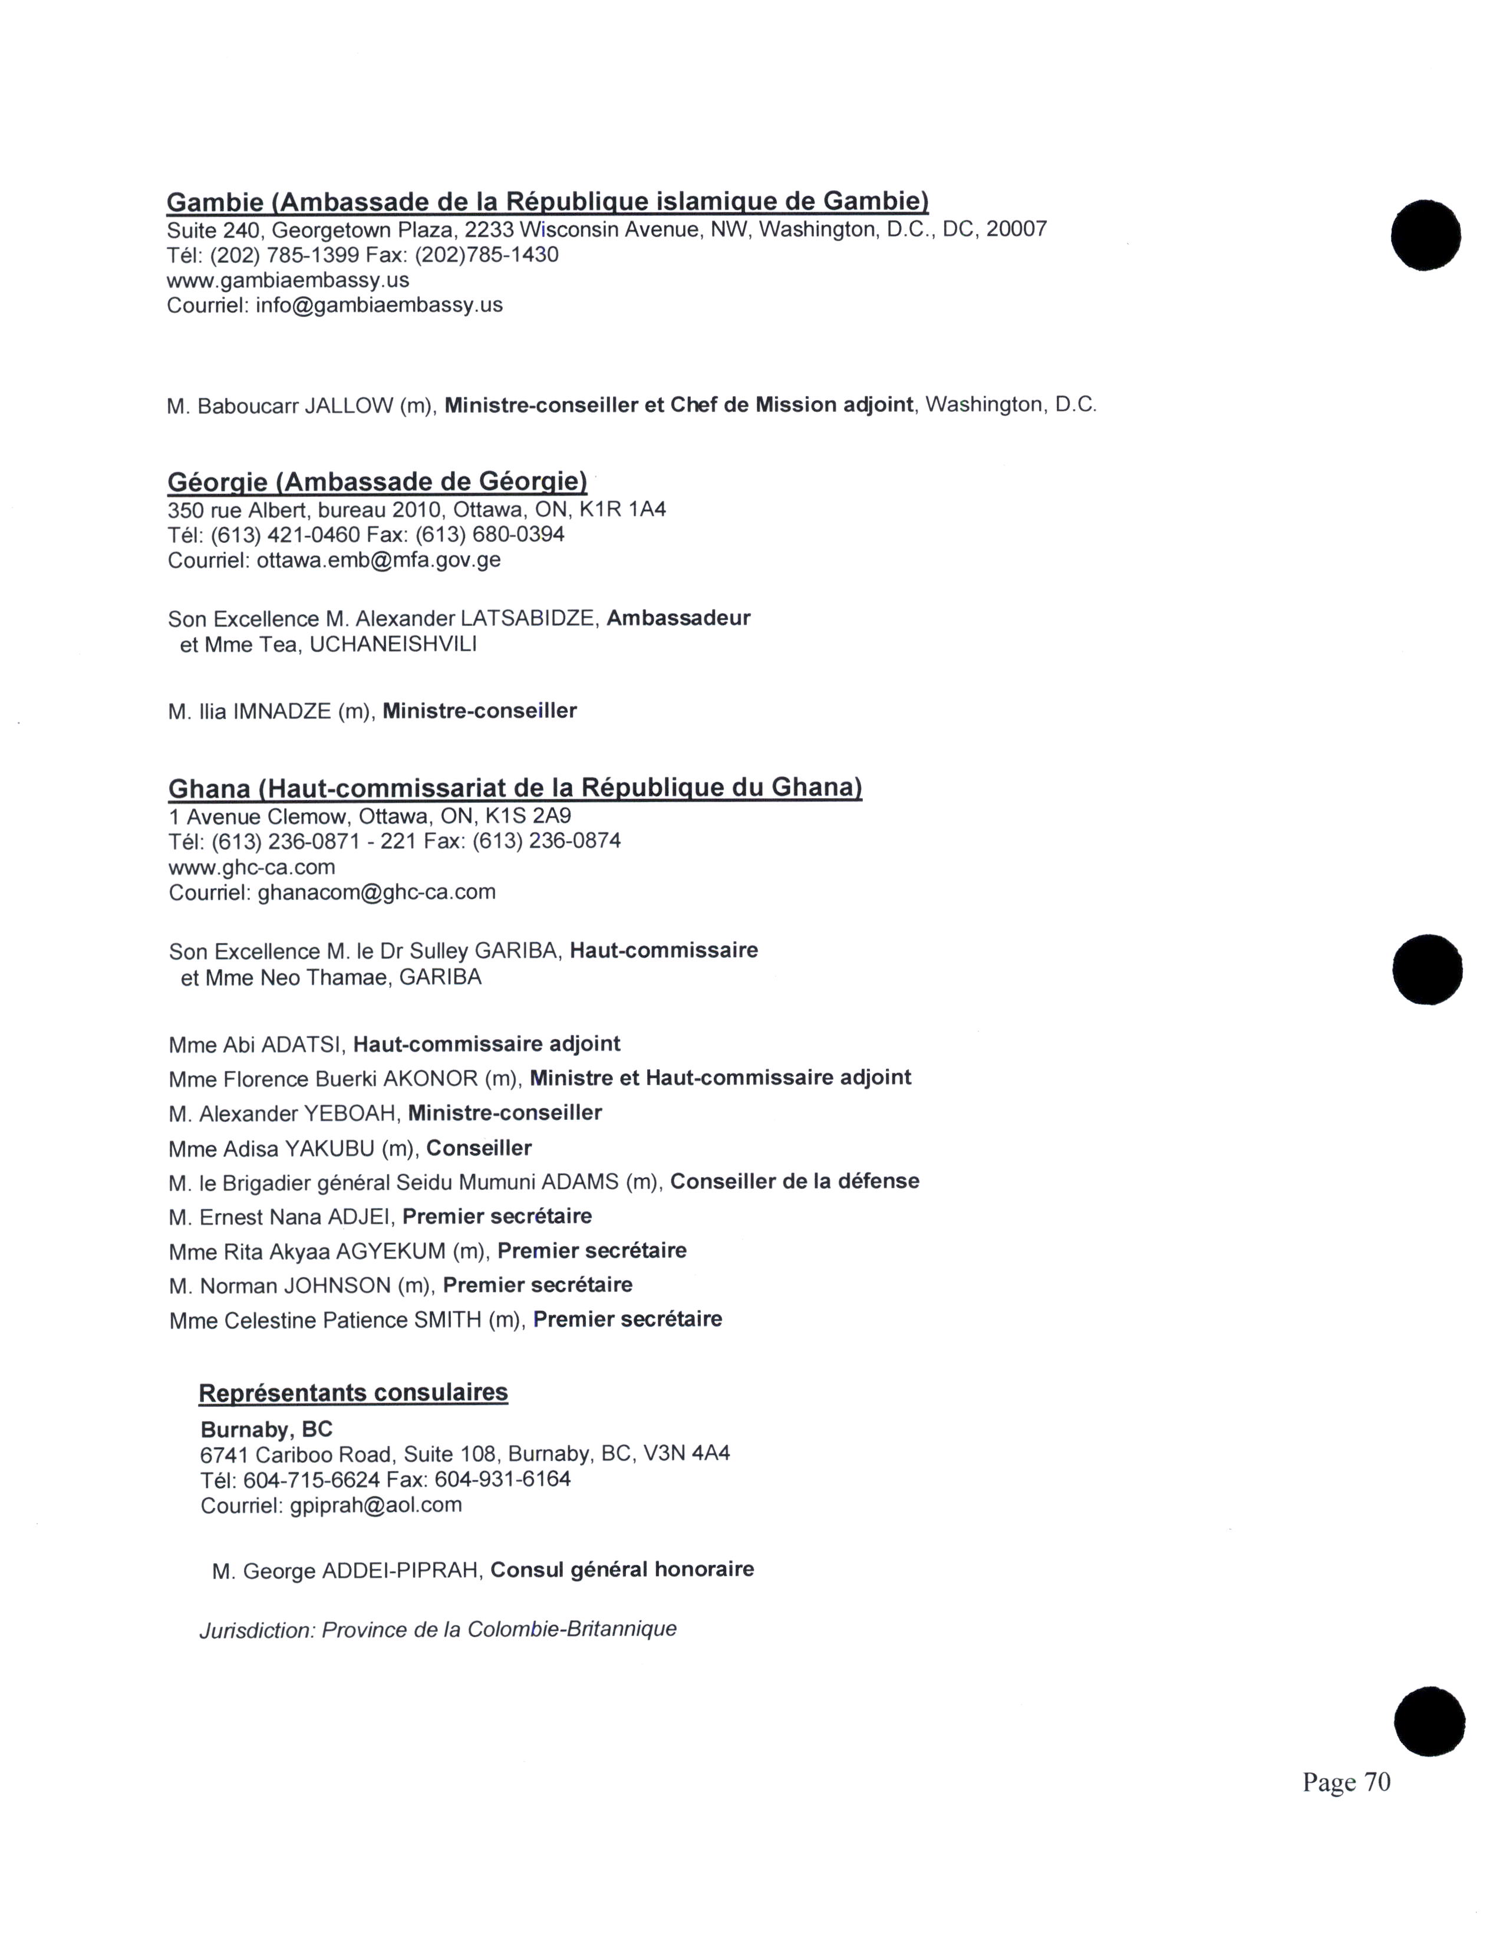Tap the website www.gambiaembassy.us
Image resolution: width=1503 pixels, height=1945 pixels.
coord(288,281)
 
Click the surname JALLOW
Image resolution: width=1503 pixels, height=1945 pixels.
coord(348,406)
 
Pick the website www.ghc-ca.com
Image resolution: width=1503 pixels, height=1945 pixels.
coord(252,868)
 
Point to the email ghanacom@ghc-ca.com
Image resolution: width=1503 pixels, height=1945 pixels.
coord(376,892)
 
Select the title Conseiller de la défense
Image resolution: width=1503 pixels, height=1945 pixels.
coord(795,1182)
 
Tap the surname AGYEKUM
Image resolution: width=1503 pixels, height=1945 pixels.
coord(390,1251)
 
